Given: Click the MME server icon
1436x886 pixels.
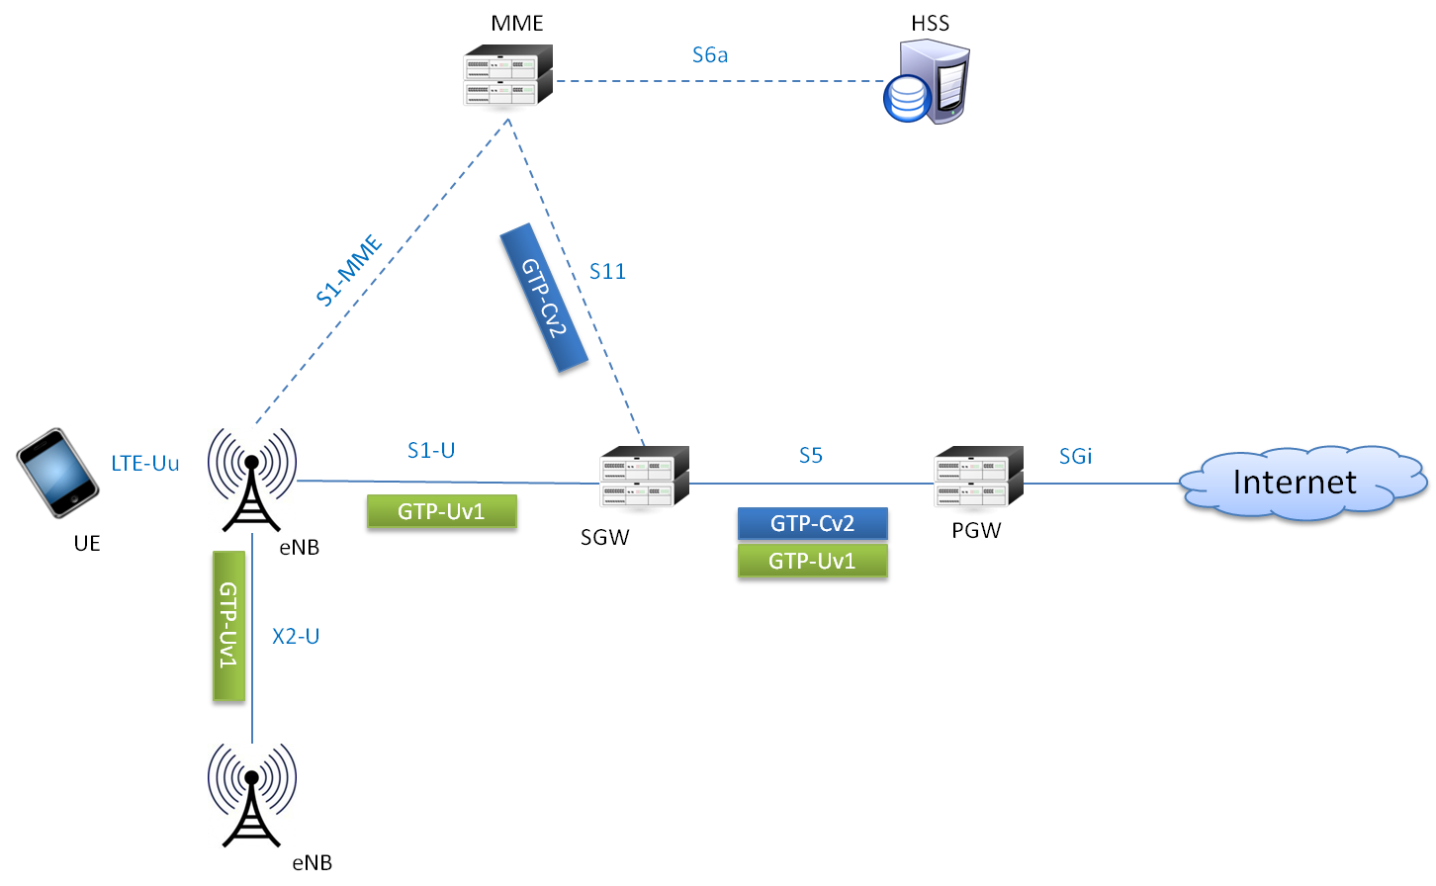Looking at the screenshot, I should click(506, 80).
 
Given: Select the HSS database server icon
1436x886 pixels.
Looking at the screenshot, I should click(927, 83).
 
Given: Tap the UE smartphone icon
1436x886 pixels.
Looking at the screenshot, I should click(57, 474).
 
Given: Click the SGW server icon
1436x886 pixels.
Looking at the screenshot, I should click(644, 481).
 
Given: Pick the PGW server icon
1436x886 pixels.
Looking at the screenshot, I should click(979, 482).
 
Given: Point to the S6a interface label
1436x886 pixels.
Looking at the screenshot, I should click(710, 55).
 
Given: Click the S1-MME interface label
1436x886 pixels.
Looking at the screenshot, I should click(349, 270).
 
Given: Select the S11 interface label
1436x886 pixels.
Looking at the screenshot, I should click(607, 271).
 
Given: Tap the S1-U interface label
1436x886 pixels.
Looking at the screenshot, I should click(431, 451).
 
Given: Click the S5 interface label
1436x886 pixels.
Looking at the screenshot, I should click(811, 456).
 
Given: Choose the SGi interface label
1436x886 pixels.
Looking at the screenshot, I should click(1075, 456).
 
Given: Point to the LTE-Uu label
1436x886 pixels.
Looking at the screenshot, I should click(145, 463).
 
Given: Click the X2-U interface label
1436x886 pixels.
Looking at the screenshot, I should click(296, 636).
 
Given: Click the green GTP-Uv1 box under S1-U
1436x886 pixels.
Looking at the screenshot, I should click(441, 512).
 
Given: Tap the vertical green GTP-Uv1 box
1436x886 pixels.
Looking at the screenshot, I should click(228, 627).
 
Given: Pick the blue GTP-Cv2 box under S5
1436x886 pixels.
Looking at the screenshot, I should click(812, 524).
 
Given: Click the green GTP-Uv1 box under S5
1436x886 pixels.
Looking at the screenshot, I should click(812, 562).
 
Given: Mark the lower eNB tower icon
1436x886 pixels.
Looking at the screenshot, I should click(252, 796).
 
